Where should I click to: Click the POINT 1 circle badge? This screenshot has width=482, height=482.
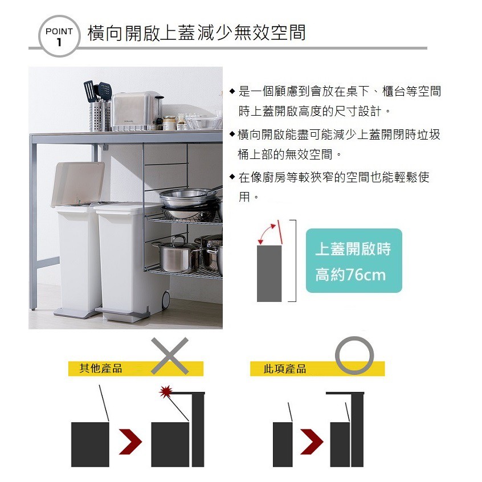tap(59, 36)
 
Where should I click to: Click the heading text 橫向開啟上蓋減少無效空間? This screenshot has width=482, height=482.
tap(197, 32)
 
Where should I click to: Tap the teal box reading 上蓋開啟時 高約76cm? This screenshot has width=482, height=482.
tap(353, 261)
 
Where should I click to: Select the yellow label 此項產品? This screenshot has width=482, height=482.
tap(285, 369)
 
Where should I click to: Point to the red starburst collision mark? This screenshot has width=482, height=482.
tap(166, 391)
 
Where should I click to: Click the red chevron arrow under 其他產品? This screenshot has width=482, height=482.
tap(130, 442)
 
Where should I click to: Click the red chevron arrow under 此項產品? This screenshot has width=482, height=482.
tap(312, 442)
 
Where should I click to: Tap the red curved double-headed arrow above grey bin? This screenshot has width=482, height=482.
tap(265, 232)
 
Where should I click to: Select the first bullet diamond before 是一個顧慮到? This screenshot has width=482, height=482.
tap(232, 91)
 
